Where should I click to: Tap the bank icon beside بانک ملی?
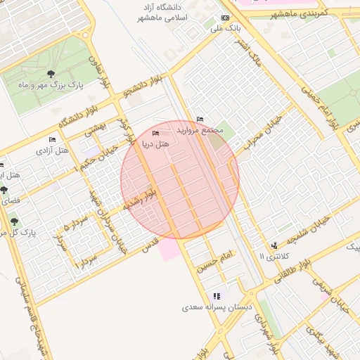(x=225, y=18)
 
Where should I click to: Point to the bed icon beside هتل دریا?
(x=155, y=133)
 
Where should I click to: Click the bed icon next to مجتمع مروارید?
(x=200, y=119)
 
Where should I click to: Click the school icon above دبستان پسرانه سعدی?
(x=217, y=296)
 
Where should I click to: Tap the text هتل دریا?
(x=155, y=143)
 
